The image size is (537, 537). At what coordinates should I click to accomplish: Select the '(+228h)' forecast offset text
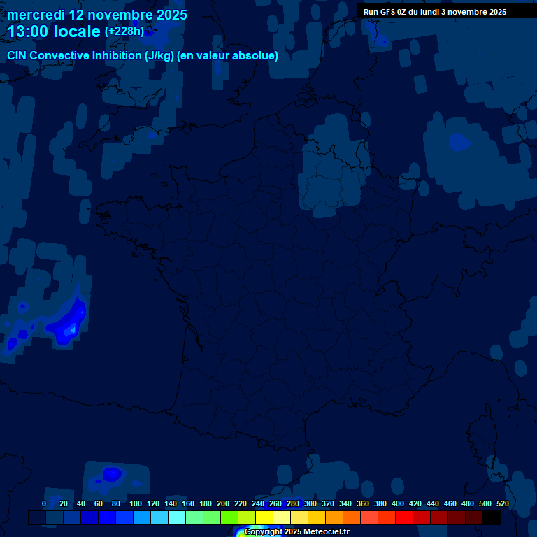124,31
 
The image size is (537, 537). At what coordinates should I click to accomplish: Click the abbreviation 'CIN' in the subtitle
17,56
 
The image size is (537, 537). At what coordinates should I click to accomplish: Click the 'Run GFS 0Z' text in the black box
387,12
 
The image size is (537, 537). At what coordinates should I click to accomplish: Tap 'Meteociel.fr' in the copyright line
327,532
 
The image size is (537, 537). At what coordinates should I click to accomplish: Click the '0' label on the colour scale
44,503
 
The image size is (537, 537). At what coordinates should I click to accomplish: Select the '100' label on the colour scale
136,503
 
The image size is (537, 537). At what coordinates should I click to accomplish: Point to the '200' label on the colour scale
223,503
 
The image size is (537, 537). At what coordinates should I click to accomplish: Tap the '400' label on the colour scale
398,503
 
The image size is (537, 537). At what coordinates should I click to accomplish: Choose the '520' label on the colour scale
502,503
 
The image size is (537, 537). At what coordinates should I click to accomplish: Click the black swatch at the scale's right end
492,518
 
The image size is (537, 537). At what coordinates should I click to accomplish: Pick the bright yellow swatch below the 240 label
264,518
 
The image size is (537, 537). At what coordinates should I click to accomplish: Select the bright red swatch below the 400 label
404,518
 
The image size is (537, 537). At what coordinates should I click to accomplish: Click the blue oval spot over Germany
459,142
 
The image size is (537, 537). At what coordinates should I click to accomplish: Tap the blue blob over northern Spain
112,475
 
